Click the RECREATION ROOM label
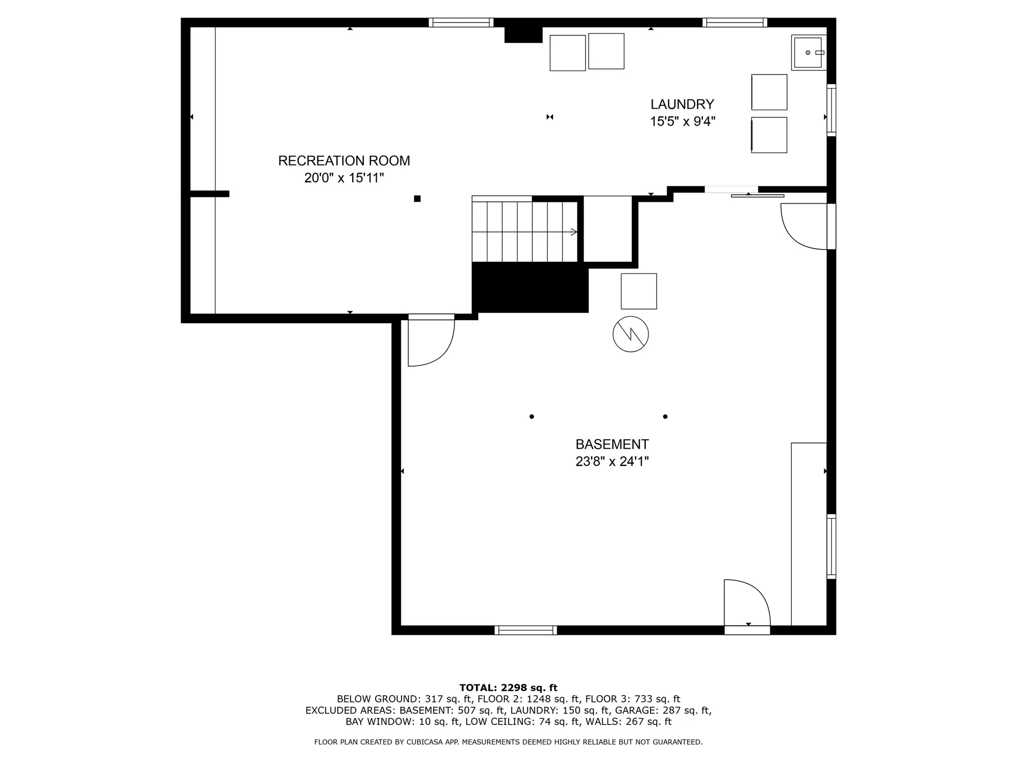pos(344,161)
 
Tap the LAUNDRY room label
pos(682,104)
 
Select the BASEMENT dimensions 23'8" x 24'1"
pos(612,462)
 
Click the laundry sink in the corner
pos(808,52)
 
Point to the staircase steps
pos(524,232)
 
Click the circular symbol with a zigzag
pos(630,334)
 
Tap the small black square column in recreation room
pos(417,199)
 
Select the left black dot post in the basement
pos(531,416)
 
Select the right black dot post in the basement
pos(665,416)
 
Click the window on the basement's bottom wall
pos(525,630)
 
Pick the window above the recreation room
pos(461,22)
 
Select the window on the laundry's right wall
pos(832,110)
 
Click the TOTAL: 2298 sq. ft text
pos(508,688)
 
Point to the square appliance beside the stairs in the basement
pos(639,291)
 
